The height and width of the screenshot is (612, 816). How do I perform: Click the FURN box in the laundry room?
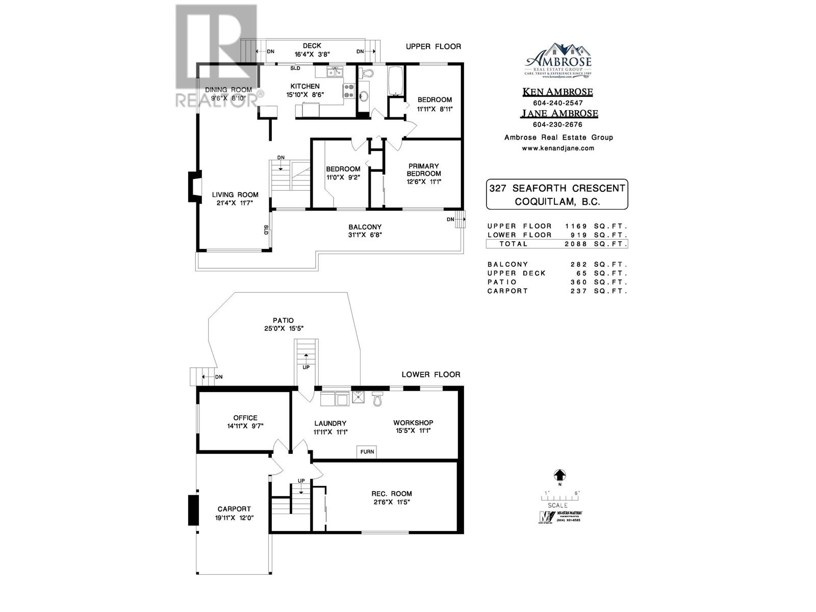[367, 451]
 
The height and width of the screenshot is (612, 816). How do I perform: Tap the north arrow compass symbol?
[559, 475]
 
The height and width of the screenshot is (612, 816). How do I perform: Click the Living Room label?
[235, 194]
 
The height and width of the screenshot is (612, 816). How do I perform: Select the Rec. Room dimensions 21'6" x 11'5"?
[392, 502]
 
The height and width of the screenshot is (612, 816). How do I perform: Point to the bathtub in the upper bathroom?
[396, 81]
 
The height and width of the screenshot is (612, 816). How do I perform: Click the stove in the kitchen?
[349, 91]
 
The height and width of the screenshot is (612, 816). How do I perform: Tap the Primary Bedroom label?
[423, 169]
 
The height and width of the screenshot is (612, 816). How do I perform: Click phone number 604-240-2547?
[557, 103]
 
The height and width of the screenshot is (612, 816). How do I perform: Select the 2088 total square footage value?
[576, 244]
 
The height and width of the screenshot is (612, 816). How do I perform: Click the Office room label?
[245, 418]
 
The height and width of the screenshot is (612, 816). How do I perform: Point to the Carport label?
[234, 508]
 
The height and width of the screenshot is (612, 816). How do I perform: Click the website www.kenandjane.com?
[558, 148]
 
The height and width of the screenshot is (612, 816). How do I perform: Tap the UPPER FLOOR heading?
[433, 46]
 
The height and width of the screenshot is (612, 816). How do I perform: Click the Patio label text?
[283, 320]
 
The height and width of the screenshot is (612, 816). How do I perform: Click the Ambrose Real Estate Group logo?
[558, 60]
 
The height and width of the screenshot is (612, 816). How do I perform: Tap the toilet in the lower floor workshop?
[377, 399]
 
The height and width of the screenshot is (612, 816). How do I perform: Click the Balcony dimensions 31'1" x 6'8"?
[365, 235]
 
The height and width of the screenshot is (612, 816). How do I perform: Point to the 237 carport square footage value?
[577, 291]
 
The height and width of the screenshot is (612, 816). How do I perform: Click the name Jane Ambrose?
[559, 114]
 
